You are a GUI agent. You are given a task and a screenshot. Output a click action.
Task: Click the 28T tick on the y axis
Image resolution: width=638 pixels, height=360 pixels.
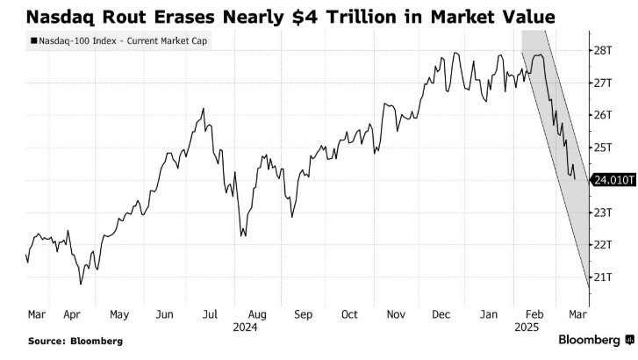coord(602,51)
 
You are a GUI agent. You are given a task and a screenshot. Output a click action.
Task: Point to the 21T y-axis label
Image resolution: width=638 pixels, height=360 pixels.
coord(602,277)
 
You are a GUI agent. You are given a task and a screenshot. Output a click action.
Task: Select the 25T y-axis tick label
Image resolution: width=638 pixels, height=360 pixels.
coord(602,147)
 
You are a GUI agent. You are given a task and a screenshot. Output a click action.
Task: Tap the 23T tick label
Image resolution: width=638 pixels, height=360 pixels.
coord(602,212)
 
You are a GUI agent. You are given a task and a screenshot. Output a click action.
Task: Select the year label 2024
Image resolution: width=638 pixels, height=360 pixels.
coord(257,327)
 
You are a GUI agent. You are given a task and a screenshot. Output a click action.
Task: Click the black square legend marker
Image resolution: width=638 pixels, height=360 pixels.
coord(32,40)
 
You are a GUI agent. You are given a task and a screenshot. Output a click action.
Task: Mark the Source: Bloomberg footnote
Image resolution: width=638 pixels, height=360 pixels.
coord(75,341)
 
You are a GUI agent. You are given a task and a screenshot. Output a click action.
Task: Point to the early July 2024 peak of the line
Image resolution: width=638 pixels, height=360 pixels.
coord(204,109)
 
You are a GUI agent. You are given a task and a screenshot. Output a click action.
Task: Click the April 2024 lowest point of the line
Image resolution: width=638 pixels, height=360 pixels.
coord(81,284)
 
